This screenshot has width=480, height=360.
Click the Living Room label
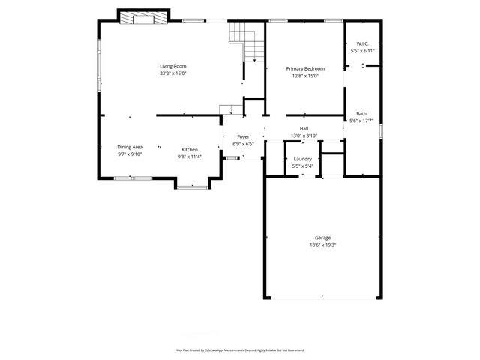click(173, 67)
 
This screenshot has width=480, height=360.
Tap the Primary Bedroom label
click(305, 68)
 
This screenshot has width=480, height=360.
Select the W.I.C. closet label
click(361, 43)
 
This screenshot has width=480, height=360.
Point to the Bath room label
click(361, 114)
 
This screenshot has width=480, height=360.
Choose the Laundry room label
click(302, 159)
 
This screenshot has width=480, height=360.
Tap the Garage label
click(322, 238)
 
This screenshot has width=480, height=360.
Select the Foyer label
click(243, 137)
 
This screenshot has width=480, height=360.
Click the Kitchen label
click(189, 150)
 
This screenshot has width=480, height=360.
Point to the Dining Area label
click(129, 147)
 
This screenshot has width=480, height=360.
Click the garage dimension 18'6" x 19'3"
click(322, 244)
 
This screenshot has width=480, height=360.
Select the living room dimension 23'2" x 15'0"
click(173, 73)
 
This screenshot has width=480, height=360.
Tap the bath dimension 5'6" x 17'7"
click(361, 121)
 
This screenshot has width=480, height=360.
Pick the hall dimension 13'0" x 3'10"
click(304, 136)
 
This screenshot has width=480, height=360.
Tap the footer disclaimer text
click(240, 349)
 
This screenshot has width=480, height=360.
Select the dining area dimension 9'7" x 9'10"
click(129, 154)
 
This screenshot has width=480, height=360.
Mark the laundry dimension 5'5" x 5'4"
click(302, 166)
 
